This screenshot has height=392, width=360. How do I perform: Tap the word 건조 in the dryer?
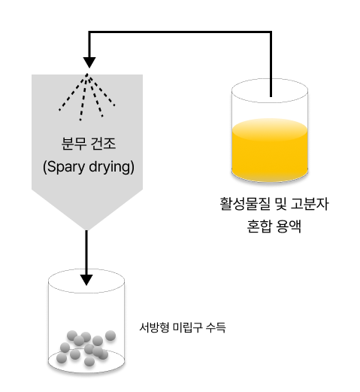point(103,141)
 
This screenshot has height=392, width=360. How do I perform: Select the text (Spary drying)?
point(88,166)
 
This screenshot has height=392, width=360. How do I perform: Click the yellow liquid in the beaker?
point(271,150)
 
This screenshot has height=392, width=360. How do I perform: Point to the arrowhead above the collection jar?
point(87,280)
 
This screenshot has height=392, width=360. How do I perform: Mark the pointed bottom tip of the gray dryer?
point(87,227)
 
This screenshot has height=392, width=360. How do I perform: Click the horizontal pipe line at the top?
point(180,32)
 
